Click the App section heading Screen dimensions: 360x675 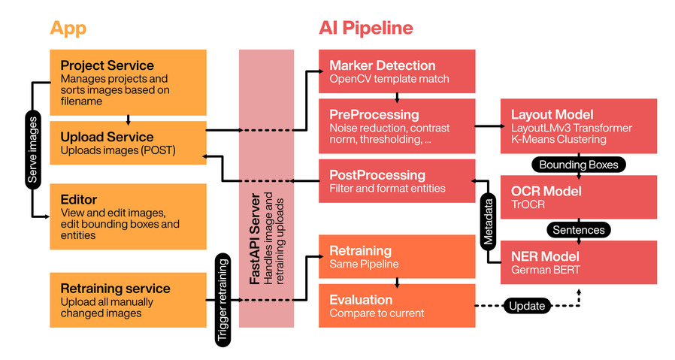point(68,29)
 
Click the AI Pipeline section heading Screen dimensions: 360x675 point(366,29)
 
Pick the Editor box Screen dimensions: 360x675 point(128,217)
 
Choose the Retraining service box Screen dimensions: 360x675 point(128,300)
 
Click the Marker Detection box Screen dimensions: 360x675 point(397,71)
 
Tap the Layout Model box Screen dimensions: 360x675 point(579,126)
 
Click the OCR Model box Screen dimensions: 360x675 point(579,197)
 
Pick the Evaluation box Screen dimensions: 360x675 point(397,305)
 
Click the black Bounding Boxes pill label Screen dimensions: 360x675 point(579,164)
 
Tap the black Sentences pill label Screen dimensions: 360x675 point(579,229)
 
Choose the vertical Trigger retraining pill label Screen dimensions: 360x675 point(223,300)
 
